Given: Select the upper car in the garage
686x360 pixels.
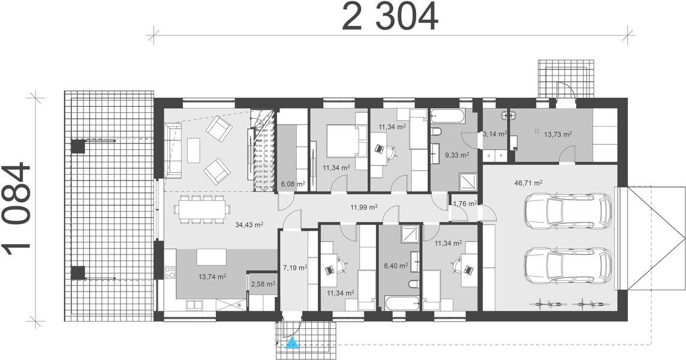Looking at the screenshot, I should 567,211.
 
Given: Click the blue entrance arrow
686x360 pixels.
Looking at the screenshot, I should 292,343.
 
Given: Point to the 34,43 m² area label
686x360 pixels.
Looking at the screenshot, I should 249,225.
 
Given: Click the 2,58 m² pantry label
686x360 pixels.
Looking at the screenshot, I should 263,284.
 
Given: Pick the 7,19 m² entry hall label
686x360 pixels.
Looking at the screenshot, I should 294,268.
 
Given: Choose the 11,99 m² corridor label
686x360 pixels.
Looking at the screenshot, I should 364,208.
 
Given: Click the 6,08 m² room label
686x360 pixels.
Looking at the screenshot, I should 293,184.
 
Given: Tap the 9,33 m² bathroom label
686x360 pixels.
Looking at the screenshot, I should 456,154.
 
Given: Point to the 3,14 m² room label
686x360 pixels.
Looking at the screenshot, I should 495,134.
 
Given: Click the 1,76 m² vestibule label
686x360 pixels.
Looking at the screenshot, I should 464,203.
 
